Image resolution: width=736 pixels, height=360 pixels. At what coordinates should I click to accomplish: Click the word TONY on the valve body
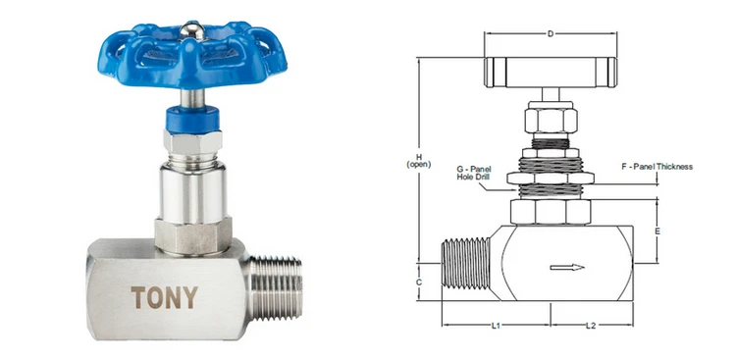click(x=164, y=297)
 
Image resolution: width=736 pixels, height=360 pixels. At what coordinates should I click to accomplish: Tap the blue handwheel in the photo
click(x=192, y=55)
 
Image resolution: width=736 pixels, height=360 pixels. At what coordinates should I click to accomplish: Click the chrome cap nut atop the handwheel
click(x=193, y=31)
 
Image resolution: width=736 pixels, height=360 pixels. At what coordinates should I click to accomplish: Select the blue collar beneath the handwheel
click(x=192, y=119)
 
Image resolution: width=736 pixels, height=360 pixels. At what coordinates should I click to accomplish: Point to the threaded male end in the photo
click(x=276, y=287)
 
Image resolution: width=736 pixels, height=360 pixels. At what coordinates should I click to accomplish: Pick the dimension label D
click(x=551, y=33)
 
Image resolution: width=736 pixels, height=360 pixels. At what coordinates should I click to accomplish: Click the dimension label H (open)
click(x=419, y=161)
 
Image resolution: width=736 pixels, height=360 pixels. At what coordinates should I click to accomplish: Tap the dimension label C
click(x=419, y=283)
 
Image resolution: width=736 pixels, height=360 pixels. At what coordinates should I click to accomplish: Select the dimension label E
click(x=657, y=231)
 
